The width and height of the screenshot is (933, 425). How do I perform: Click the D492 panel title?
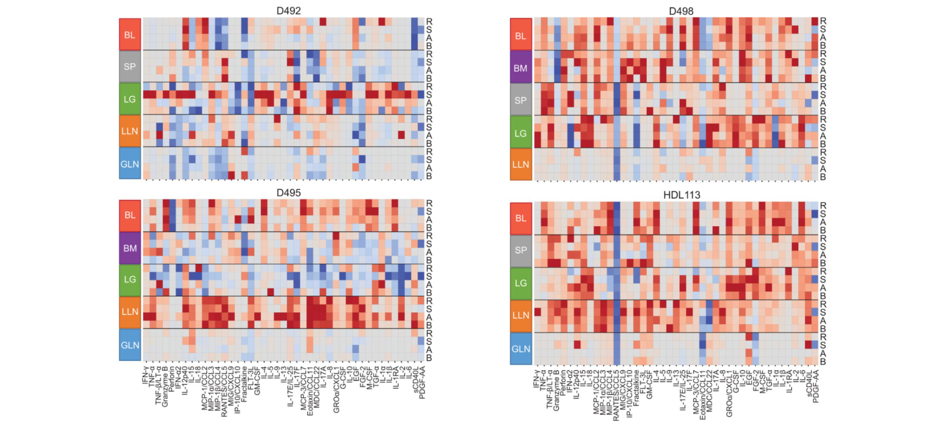pyautogui.click(x=288, y=11)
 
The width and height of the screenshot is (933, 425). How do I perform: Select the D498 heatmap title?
pyautogui.click(x=681, y=11)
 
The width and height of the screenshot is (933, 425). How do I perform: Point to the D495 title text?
pyautogui.click(x=288, y=193)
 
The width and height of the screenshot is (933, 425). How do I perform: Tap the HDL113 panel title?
pyautogui.click(x=682, y=195)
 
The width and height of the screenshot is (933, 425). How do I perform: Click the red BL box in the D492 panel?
pyautogui.click(x=130, y=34)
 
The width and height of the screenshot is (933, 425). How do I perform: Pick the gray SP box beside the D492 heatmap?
pyautogui.click(x=130, y=66)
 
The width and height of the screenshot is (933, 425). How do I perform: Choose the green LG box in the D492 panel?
pyautogui.click(x=130, y=99)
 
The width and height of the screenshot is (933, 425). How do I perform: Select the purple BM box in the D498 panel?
pyautogui.click(x=520, y=67)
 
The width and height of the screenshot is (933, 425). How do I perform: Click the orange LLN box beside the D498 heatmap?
pyautogui.click(x=520, y=164)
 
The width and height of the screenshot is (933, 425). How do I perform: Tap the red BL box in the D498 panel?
pyautogui.click(x=520, y=36)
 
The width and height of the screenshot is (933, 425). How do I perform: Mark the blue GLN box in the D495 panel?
pyautogui.click(x=130, y=345)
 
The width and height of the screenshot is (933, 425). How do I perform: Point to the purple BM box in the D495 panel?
pyautogui.click(x=130, y=248)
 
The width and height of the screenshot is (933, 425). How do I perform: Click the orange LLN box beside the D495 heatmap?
pyautogui.click(x=130, y=312)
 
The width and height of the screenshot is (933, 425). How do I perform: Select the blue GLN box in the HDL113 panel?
pyautogui.click(x=521, y=348)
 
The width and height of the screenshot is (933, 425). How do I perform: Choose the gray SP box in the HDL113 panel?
pyautogui.click(x=521, y=250)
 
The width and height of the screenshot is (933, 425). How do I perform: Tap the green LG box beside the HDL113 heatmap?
pyautogui.click(x=521, y=283)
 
